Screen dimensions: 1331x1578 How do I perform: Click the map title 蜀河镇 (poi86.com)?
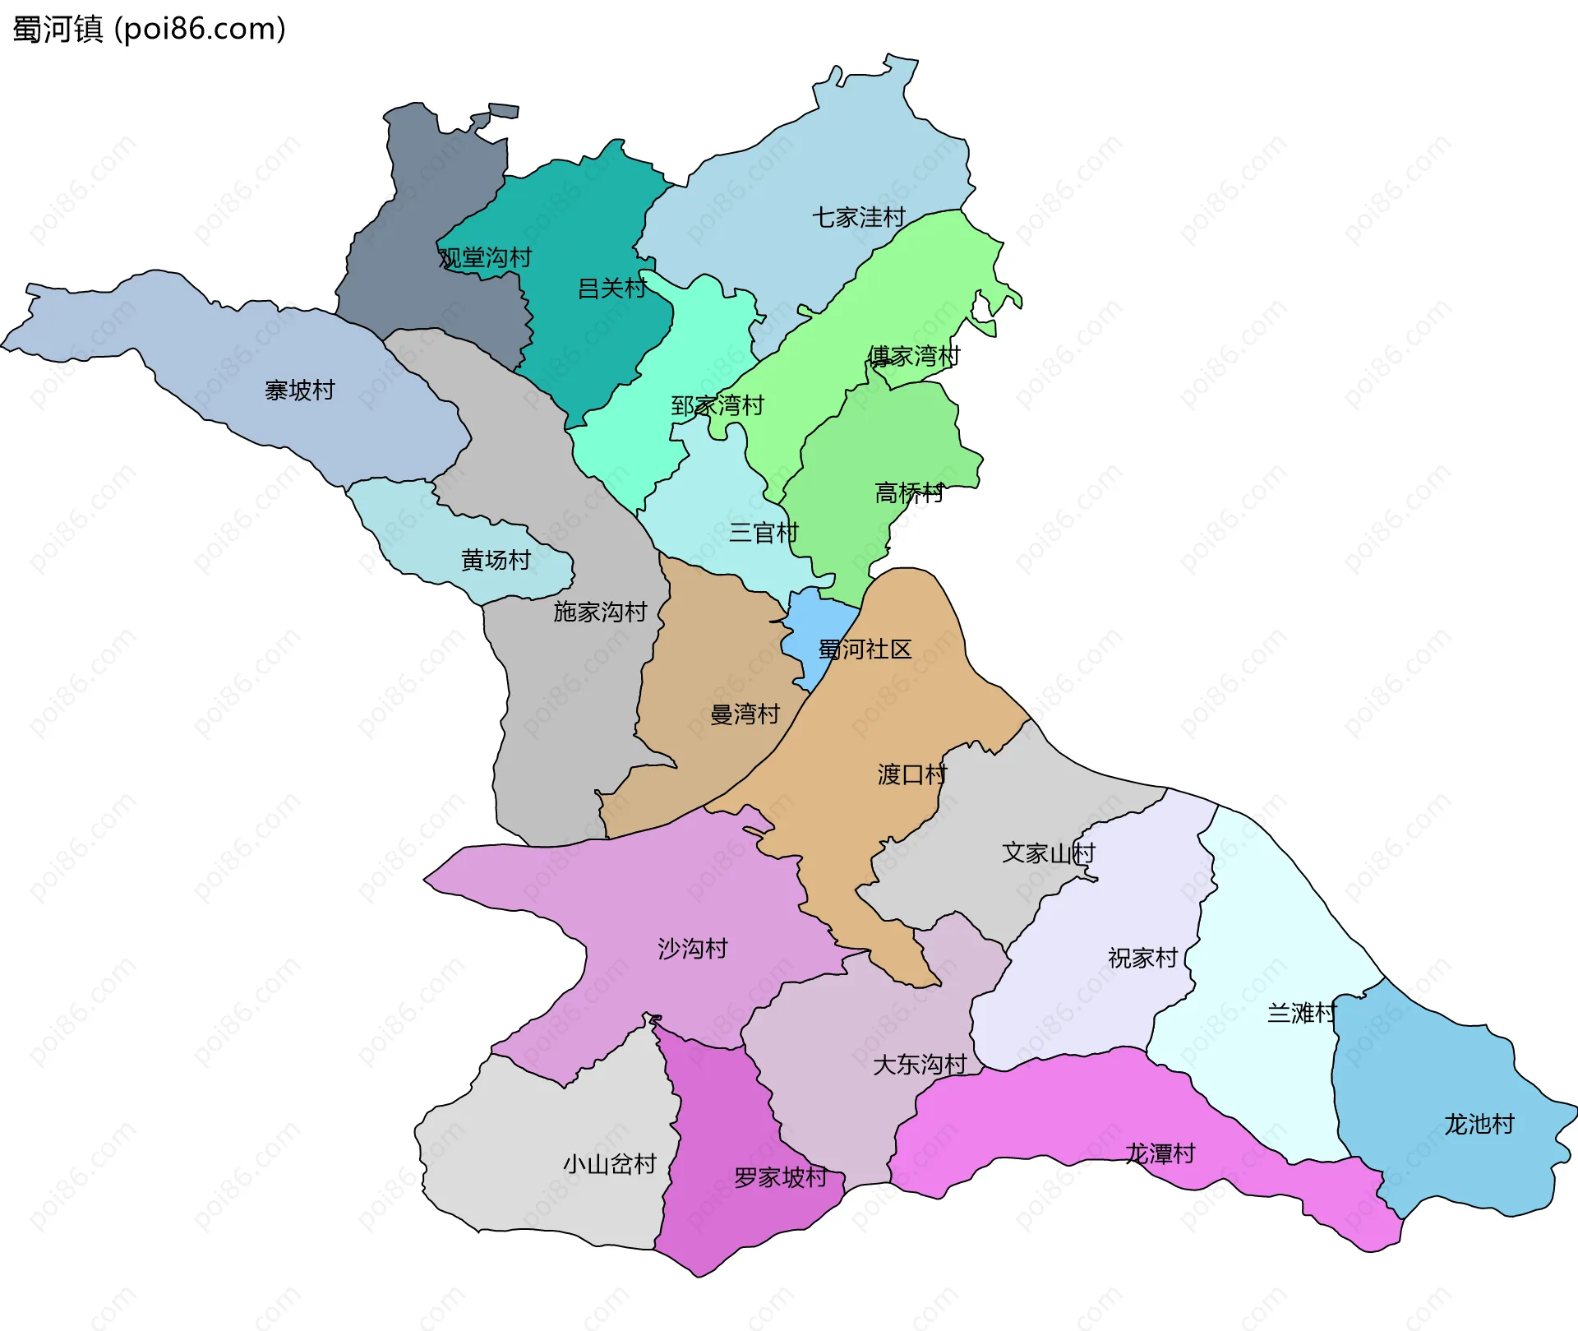[149, 29]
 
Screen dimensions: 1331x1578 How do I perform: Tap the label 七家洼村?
[858, 217]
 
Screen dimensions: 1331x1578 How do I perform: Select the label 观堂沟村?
[485, 258]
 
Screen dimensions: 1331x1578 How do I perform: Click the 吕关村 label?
[611, 289]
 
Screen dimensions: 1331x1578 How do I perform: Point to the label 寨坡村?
[299, 390]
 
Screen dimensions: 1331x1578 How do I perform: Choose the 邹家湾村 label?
[717, 405]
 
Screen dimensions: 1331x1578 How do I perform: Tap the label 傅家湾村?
[913, 356]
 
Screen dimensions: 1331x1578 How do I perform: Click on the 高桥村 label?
[909, 492]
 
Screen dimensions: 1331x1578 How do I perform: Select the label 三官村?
[764, 533]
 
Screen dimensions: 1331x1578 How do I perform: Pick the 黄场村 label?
[496, 560]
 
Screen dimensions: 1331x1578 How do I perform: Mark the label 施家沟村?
[600, 612]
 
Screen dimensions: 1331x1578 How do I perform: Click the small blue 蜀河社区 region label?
[865, 649]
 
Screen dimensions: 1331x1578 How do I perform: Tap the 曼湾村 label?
[745, 714]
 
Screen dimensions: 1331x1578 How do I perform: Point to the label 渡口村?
[912, 774]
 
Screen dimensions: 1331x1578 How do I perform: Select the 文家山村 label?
[1048, 853]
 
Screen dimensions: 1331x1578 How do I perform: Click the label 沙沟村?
[692, 949]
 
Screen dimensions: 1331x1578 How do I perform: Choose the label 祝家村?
[1142, 958]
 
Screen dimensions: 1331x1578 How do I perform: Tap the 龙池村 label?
[1479, 1124]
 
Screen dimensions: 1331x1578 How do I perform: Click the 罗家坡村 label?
[780, 1177]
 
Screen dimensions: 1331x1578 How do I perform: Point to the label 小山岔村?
[609, 1163]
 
